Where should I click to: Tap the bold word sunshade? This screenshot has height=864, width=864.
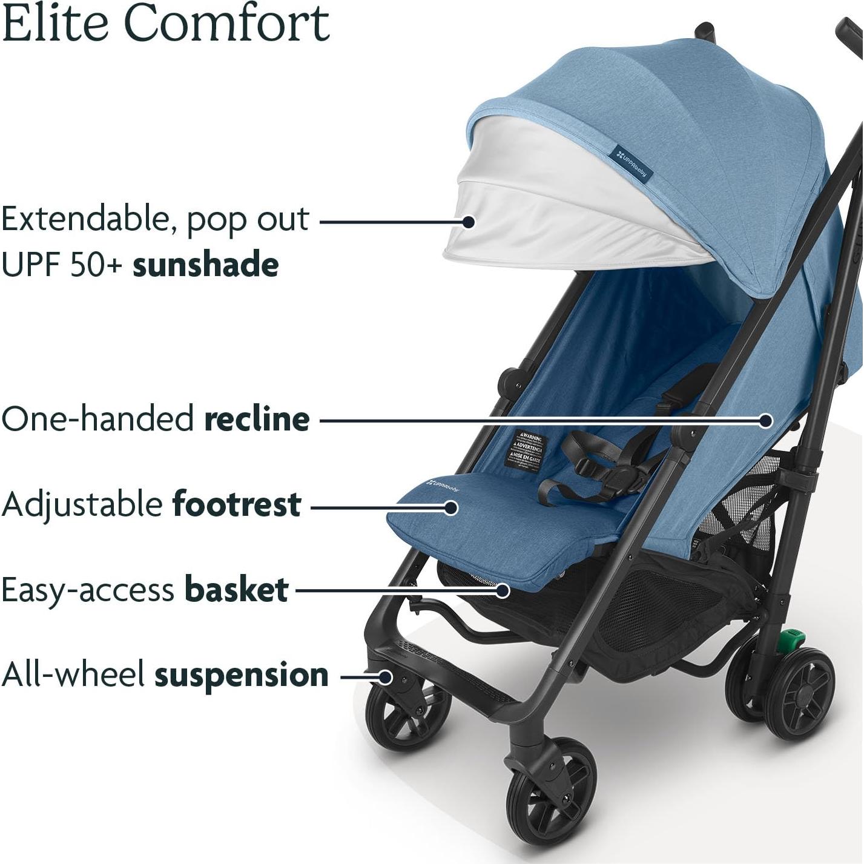[x=206, y=265]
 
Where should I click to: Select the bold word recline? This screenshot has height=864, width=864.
[x=257, y=419]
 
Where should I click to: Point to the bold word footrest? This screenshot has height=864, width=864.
[x=237, y=504]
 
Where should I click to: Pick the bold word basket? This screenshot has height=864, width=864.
[x=236, y=589]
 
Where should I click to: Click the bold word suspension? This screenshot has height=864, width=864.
[x=242, y=675]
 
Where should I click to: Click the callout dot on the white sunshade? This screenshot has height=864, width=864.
[x=468, y=222]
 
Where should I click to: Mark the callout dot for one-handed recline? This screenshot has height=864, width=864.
[x=766, y=420]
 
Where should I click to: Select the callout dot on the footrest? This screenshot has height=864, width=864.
[x=450, y=507]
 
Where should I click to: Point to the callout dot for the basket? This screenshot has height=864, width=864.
[x=502, y=590]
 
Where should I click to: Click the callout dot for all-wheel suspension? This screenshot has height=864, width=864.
[x=385, y=676]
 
